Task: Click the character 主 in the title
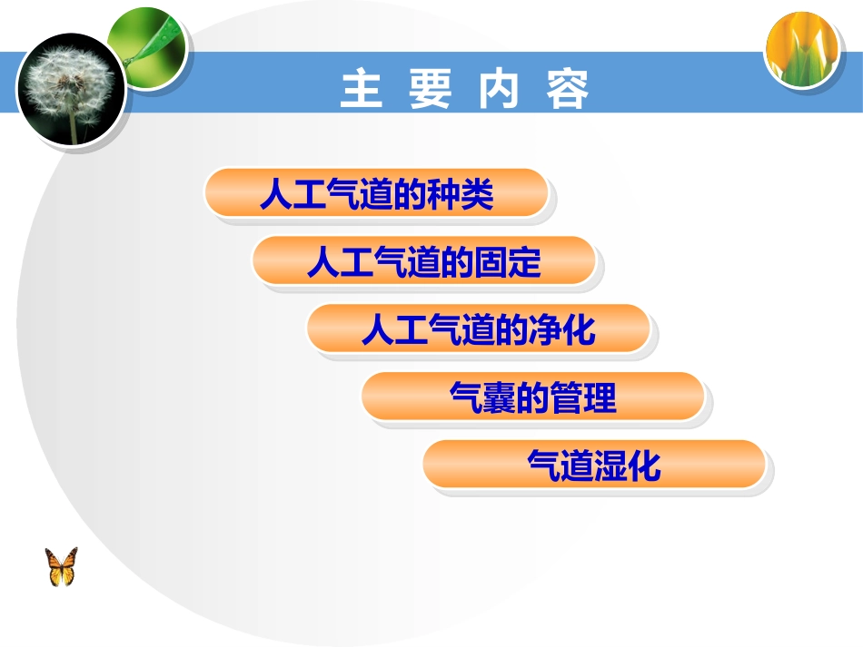(362, 91)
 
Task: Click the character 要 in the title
(430, 91)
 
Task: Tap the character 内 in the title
(498, 91)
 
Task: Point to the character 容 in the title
(568, 91)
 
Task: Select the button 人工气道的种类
(376, 194)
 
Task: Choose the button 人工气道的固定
(423, 262)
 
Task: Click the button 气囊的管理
(533, 398)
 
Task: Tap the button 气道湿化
(594, 466)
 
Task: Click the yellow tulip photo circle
(800, 50)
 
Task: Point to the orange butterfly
(62, 567)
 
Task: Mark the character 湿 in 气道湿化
(610, 466)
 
